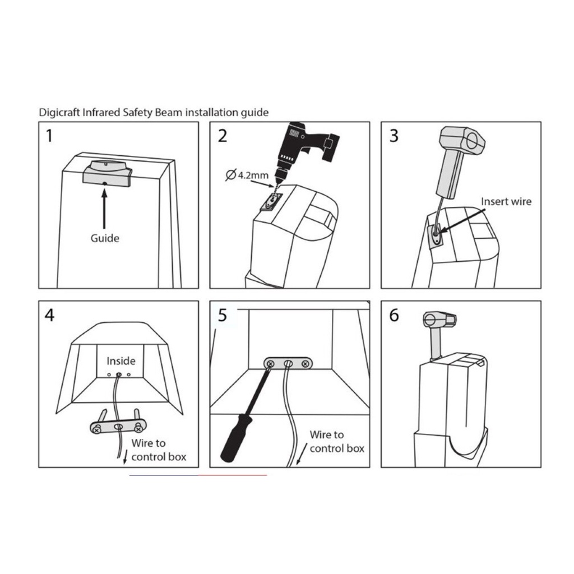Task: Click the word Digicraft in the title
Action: tap(59, 112)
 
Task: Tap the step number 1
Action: tap(49, 136)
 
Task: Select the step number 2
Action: tap(222, 136)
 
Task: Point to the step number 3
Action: tap(394, 136)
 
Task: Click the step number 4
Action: tap(50, 315)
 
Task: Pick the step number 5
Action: tap(222, 315)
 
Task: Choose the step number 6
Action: tap(394, 315)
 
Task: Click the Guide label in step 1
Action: tap(105, 238)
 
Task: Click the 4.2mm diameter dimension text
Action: tap(247, 175)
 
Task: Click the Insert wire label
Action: tap(506, 201)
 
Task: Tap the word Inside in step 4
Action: tap(121, 361)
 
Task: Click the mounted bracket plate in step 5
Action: tap(288, 363)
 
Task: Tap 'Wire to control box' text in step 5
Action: tap(337, 442)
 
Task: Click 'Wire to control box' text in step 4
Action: tap(159, 450)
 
